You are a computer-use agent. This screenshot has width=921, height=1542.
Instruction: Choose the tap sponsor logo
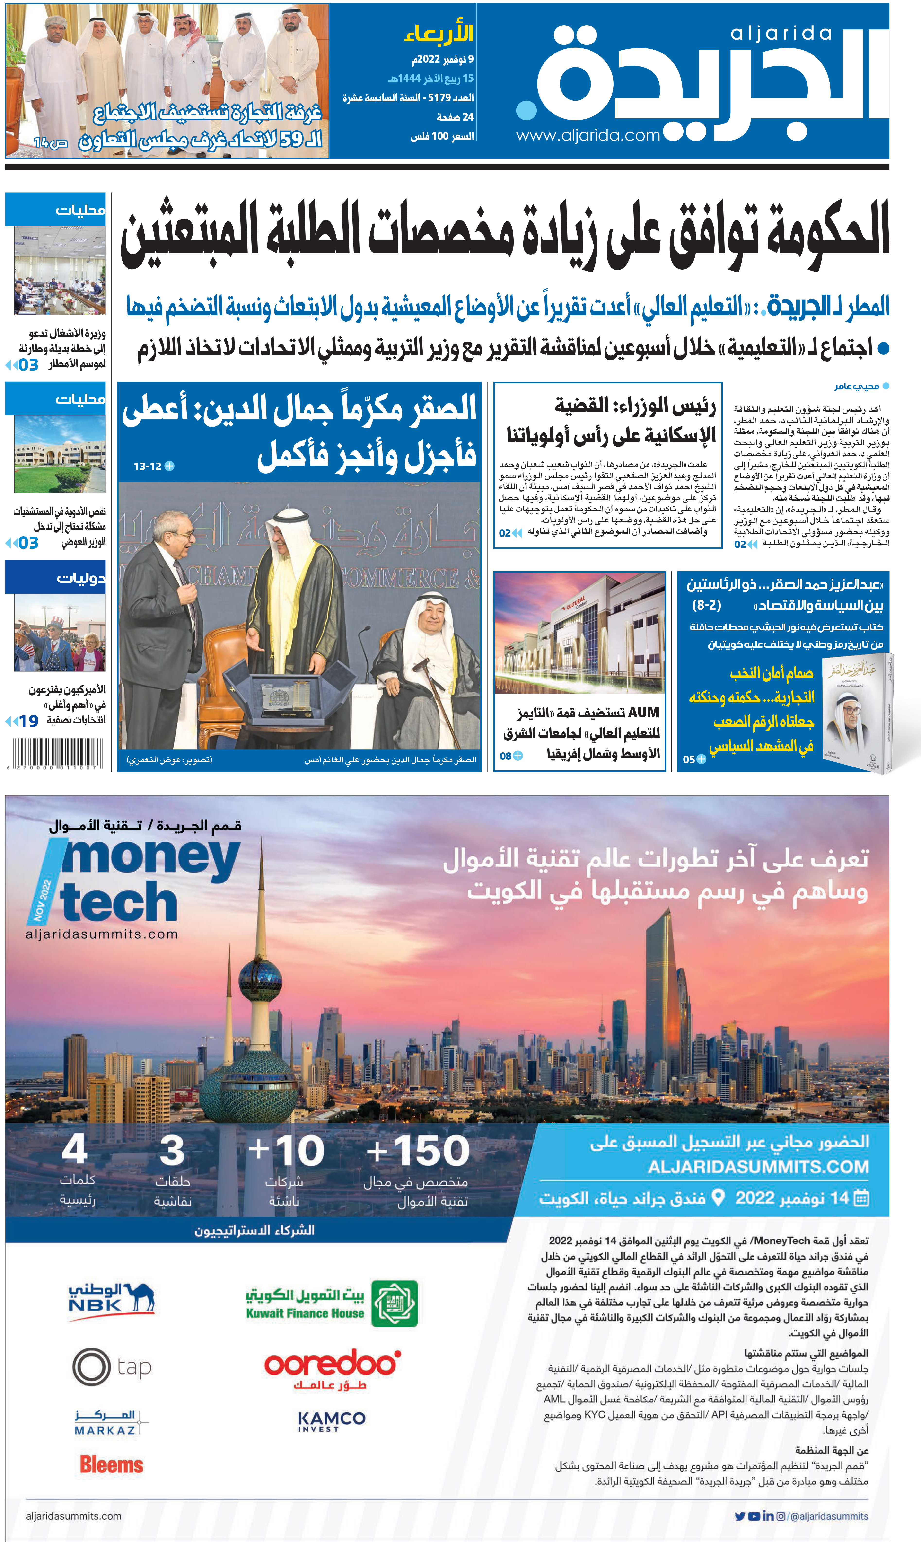pyautogui.click(x=112, y=1367)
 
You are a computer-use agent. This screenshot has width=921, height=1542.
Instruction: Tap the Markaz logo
pyautogui.click(x=112, y=1422)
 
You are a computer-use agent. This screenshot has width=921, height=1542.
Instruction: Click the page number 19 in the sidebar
pyautogui.click(x=28, y=721)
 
